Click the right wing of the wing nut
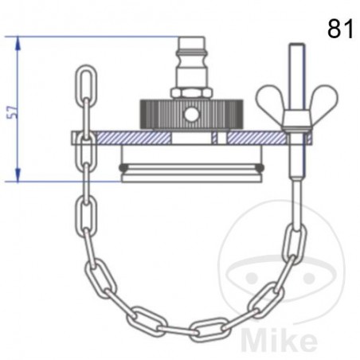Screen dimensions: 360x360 323,101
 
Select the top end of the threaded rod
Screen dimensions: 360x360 295,49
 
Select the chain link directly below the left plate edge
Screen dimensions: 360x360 85,171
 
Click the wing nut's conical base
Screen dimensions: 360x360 295,123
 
